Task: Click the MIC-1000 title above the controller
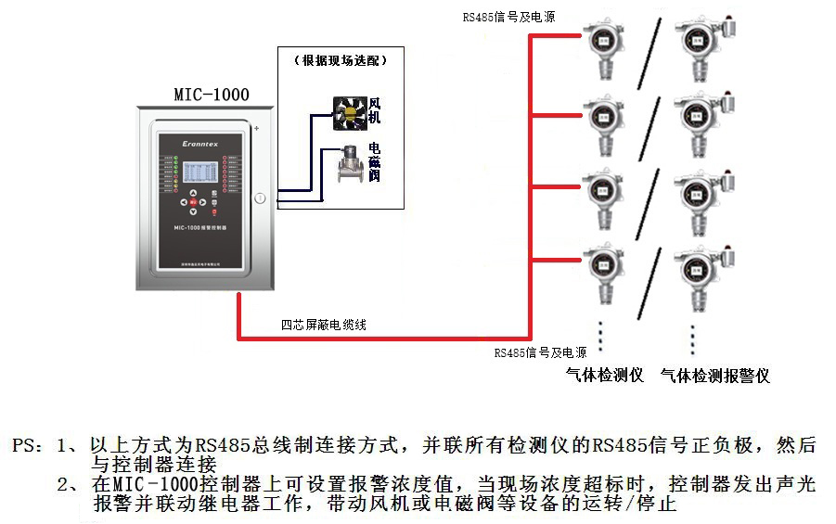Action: [x=212, y=95]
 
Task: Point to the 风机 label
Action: [x=375, y=110]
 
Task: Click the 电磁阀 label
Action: [x=374, y=162]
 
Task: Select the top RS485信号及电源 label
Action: [x=509, y=17]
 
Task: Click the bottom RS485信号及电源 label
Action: [x=540, y=352]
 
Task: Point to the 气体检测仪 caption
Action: [x=605, y=375]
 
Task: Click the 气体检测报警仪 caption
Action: [x=715, y=376]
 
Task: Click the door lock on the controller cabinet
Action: [x=260, y=198]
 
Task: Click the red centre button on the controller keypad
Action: [x=193, y=201]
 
